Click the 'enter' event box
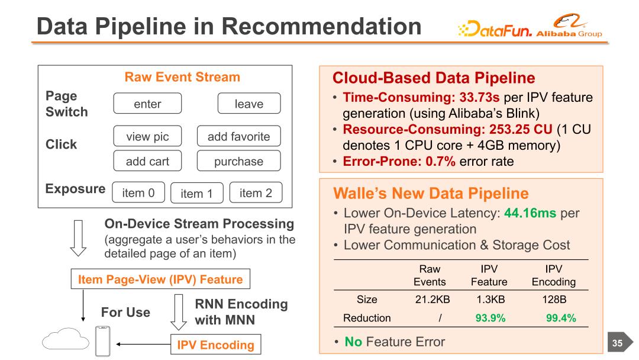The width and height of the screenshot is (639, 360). pos(147,103)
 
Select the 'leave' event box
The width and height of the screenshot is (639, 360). pos(249,103)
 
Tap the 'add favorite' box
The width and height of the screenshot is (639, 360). pos(239,136)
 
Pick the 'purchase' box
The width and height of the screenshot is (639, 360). pos(239,161)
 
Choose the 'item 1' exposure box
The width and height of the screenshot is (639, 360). pos(197,193)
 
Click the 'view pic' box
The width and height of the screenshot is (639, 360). pos(147,136)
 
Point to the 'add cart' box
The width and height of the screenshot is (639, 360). pos(147,161)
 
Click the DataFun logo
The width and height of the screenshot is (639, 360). pos(495,29)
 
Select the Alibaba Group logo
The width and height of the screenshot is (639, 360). pos(569,25)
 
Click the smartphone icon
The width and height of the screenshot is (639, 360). pos(103,341)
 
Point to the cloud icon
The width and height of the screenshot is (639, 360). pos(66,339)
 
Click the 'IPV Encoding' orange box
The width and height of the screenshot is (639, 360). pos(215,345)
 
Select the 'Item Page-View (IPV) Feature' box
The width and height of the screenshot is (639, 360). pos(160,279)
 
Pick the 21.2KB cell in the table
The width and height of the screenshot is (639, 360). pos(433,299)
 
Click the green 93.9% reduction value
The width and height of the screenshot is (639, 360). pos(490,318)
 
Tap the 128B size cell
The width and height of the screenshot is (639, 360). pos(554,299)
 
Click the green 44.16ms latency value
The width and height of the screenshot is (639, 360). pos(530,213)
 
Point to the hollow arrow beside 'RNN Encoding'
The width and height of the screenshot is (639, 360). pos(179,312)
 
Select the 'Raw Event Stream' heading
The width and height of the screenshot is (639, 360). pos(182,76)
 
